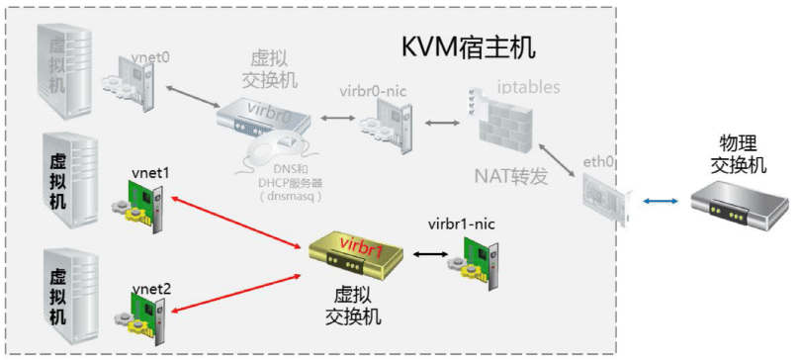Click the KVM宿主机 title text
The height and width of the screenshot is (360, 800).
[473, 47]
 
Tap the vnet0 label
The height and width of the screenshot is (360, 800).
[150, 57]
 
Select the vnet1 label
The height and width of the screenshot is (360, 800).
[150, 172]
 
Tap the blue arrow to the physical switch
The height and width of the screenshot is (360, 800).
[659, 202]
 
